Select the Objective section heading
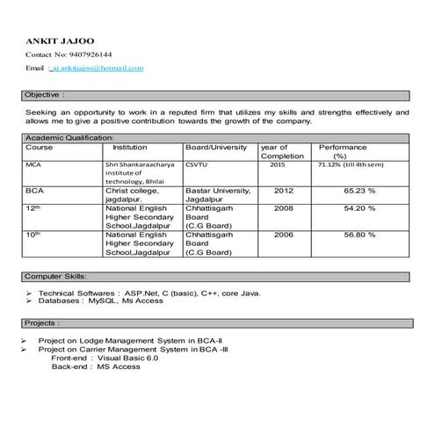(45, 93)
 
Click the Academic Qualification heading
(69, 139)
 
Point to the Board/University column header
(216, 148)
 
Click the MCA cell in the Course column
(33, 164)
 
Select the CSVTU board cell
(197, 164)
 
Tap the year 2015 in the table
(278, 164)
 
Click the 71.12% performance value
(351, 164)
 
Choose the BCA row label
(35, 190)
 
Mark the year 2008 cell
(283, 208)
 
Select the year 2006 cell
(283, 235)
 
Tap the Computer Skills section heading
(55, 276)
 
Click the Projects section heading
(43, 323)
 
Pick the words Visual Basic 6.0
(128, 358)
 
